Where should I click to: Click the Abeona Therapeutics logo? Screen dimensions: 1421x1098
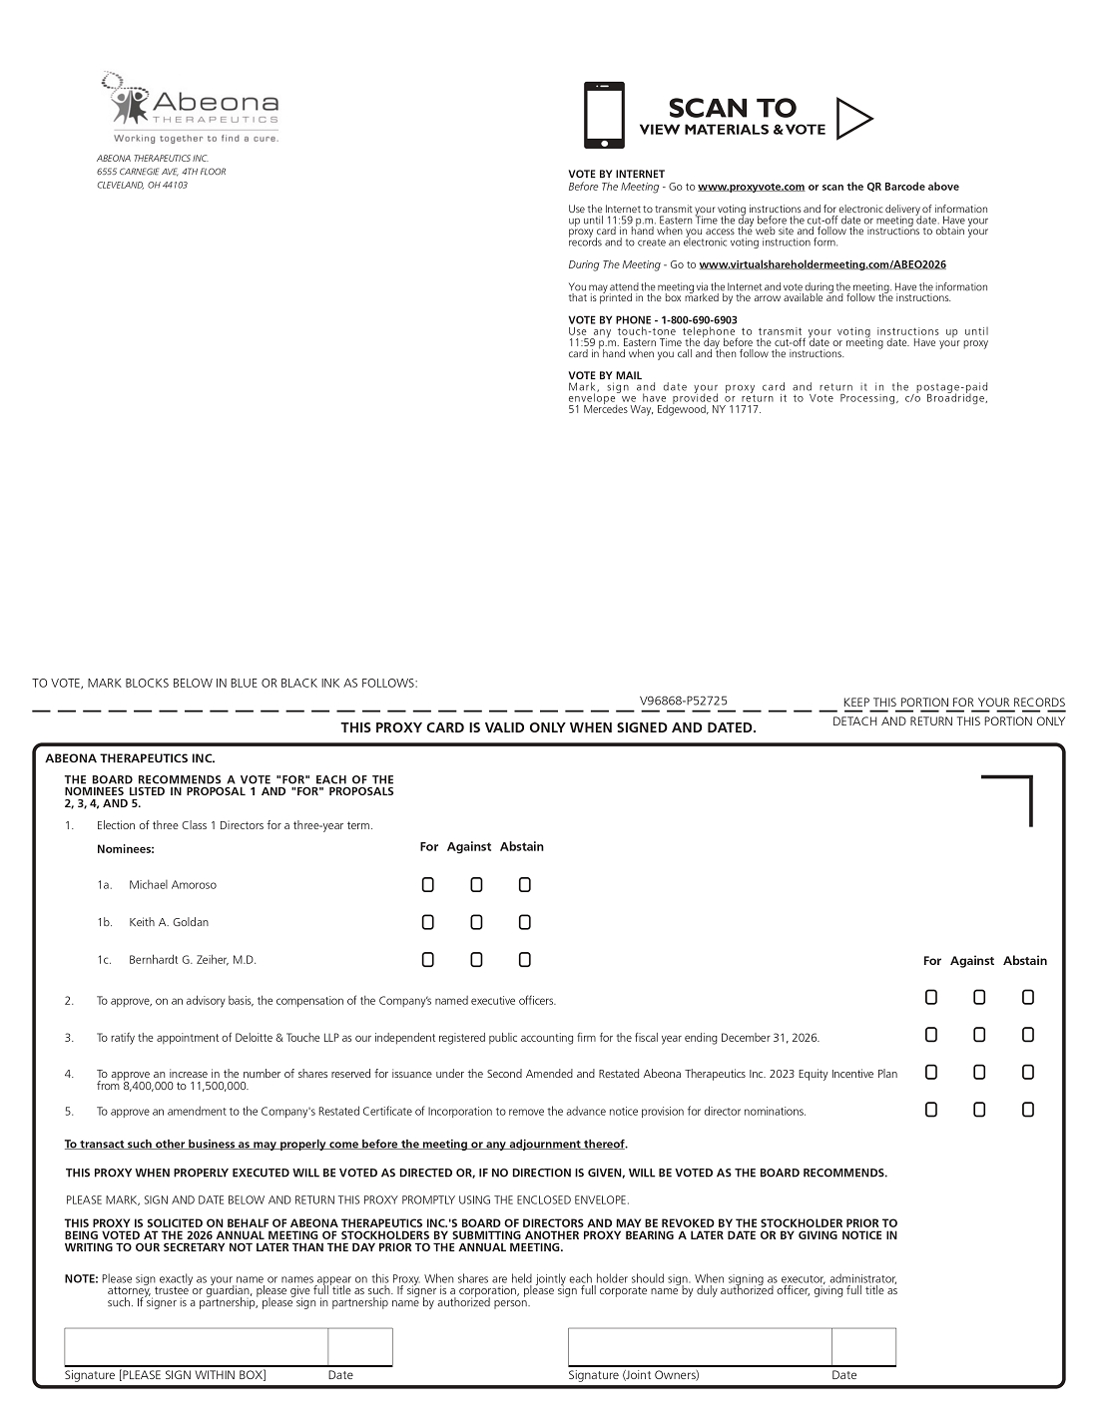coord(190,107)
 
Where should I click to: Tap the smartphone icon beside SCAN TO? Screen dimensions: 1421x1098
coord(604,115)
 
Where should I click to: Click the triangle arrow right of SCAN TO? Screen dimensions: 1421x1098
coord(852,119)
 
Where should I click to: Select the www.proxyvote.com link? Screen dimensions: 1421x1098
coord(751,187)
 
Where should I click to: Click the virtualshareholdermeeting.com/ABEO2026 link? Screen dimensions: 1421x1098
coord(823,264)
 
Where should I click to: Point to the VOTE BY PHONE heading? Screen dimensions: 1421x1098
coord(653,320)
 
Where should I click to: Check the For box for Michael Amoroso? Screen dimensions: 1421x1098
coord(428,885)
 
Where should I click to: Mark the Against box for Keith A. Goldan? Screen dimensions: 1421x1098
coord(476,922)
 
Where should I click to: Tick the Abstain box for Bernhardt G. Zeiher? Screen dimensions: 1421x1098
coord(525,960)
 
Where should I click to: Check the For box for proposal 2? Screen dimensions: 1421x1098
coord(931,997)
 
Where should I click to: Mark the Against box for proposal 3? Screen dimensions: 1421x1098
coord(979,1035)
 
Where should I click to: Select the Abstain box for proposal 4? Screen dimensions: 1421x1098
coord(1028,1073)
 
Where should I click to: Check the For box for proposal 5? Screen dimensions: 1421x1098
coord(931,1110)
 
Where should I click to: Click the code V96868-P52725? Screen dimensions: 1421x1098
coord(684,702)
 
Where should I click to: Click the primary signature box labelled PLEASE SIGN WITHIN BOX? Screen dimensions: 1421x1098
coord(197,1346)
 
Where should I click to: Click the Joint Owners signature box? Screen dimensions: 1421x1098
coord(700,1346)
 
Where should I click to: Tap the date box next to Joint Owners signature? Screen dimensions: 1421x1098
coord(863,1346)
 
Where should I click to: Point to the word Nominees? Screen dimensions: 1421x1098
coord(126,849)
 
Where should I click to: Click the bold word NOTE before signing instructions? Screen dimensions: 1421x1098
coord(81,1278)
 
